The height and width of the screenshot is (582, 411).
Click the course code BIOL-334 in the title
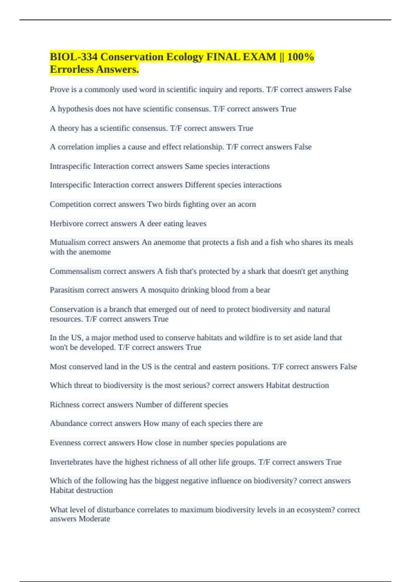(x=73, y=57)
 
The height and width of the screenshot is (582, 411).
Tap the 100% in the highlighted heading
(x=300, y=57)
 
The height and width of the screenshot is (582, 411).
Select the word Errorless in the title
(x=71, y=69)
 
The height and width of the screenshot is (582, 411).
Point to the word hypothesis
(x=75, y=109)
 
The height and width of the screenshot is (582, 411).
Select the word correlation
(x=76, y=147)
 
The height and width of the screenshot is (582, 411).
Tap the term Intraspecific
(x=70, y=166)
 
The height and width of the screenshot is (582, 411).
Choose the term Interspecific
(x=70, y=185)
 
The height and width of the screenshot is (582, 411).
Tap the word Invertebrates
(x=71, y=462)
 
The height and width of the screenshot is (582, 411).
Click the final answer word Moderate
(x=95, y=519)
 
